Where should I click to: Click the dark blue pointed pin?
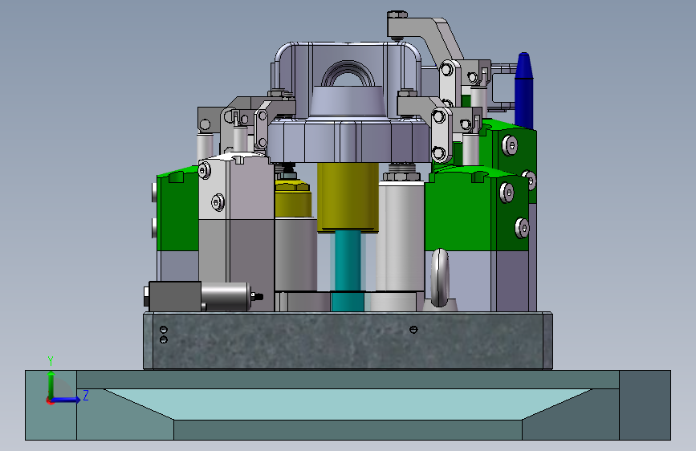click(523, 90)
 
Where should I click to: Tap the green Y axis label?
click(51, 361)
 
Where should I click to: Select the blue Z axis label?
click(86, 395)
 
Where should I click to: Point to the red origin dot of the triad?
click(50, 400)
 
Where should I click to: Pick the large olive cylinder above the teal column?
click(348, 197)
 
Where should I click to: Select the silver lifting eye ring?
click(440, 278)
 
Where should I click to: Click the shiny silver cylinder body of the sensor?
click(226, 296)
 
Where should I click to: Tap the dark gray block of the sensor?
click(174, 296)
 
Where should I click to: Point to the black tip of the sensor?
click(257, 296)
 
